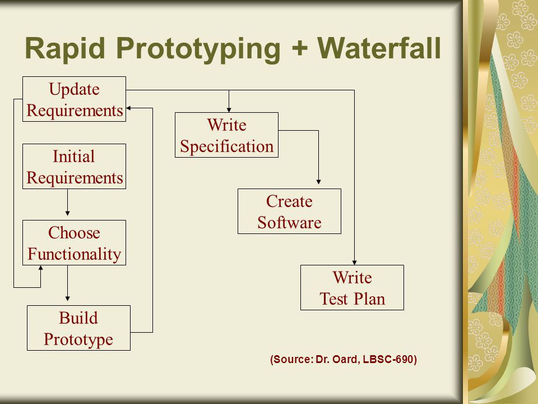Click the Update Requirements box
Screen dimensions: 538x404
tap(74, 99)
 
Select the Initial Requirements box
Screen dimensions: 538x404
tap(74, 166)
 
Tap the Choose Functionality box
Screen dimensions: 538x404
tap(74, 242)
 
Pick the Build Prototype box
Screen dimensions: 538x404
tap(78, 328)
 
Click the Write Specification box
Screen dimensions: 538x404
tap(226, 135)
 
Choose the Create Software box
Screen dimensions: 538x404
tap(289, 211)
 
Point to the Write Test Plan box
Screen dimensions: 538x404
tap(352, 287)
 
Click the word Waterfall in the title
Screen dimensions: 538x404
tap(379, 48)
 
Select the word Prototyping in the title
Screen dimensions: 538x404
tap(198, 50)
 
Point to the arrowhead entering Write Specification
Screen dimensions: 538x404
tap(229, 109)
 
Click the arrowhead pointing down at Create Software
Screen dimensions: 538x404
tap(318, 182)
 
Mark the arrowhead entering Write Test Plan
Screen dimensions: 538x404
tap(354, 263)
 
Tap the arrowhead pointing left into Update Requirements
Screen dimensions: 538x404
tap(129, 108)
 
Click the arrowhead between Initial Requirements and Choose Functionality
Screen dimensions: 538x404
tap(67, 213)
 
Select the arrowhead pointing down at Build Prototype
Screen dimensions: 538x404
tap(67, 299)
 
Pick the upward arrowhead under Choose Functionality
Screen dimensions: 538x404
tap(40, 268)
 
